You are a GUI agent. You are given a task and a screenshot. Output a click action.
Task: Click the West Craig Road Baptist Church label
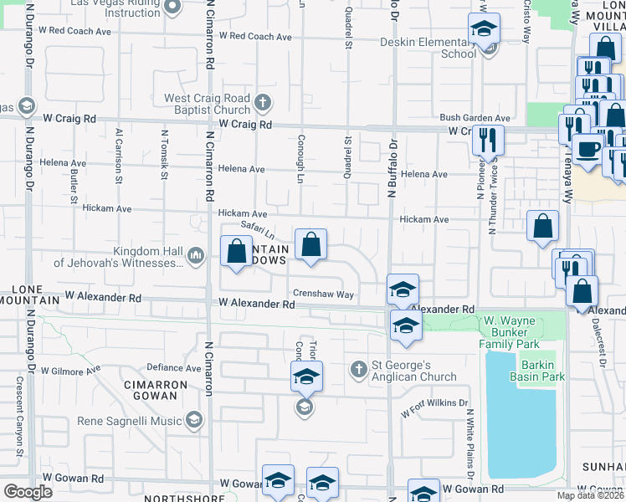point(208,104)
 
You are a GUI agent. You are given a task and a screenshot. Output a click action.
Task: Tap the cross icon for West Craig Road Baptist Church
point(263,103)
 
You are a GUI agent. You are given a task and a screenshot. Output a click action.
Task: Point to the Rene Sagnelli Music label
point(129,420)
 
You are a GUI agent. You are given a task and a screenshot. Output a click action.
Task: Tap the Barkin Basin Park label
point(520,371)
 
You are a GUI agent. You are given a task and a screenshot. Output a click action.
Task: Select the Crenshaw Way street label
point(323,294)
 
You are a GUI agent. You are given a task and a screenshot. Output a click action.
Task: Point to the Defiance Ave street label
point(174,367)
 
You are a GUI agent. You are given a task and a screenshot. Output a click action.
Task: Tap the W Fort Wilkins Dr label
point(434,408)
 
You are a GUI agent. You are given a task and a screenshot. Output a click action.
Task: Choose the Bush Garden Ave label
point(475,119)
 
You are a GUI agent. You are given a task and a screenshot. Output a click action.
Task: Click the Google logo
point(28,492)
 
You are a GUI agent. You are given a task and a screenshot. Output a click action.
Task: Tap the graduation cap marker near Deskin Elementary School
point(484,29)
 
